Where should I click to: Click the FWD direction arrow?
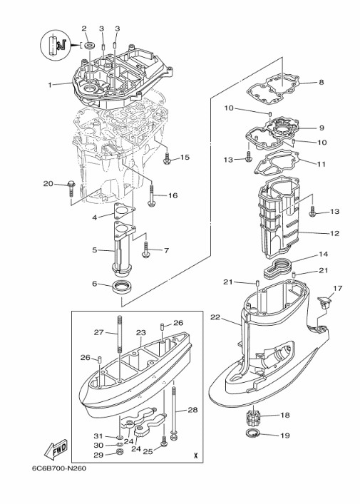56,448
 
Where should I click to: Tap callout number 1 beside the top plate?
50,85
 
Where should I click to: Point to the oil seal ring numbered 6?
121,287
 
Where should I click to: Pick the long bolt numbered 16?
152,195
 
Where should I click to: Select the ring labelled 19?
252,433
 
